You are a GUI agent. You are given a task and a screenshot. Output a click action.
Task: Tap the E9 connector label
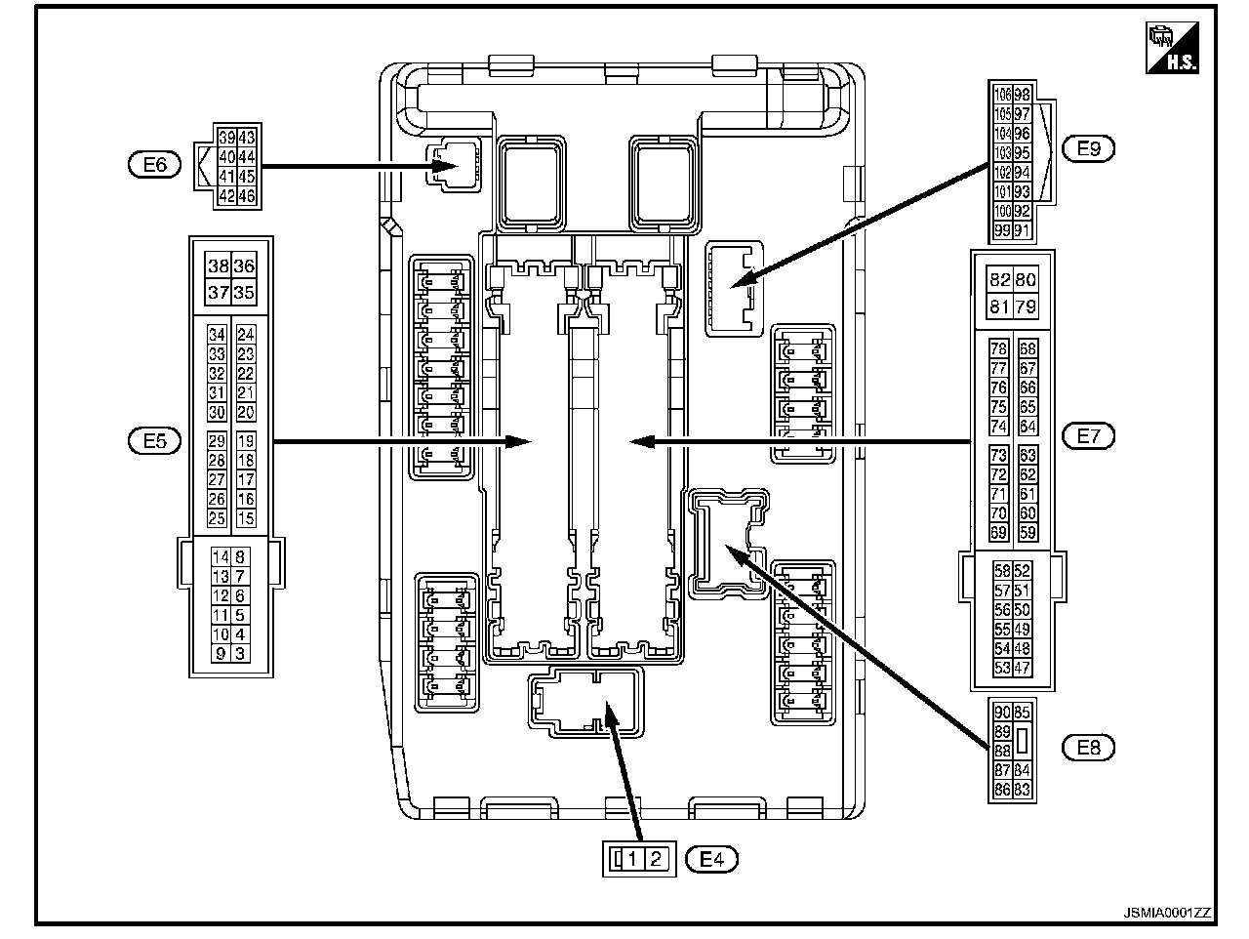1088,148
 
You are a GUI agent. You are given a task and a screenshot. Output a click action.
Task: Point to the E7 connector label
1088,435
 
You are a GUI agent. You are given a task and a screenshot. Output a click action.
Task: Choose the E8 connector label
1088,748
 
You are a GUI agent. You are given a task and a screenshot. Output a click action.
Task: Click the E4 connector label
712,859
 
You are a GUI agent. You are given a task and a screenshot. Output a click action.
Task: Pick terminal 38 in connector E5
218,265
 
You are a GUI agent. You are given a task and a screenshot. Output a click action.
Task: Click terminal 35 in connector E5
244,292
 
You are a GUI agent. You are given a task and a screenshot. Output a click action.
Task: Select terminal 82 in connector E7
999,280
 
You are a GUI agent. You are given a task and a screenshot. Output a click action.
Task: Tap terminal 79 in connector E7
1025,307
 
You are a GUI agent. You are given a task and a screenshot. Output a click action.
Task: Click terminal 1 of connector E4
634,859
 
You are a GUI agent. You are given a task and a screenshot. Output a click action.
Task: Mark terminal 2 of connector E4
657,859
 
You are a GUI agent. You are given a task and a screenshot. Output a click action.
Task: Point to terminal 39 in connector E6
226,138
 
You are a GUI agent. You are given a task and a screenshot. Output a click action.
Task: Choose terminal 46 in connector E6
246,196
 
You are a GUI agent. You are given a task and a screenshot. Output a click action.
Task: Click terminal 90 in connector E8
1001,713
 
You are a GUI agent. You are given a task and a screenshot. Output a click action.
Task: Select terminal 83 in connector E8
1022,790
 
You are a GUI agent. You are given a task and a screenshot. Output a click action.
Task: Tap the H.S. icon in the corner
1172,48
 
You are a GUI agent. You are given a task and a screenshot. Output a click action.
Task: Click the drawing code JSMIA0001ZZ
1166,913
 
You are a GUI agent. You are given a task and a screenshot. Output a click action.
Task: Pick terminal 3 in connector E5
240,654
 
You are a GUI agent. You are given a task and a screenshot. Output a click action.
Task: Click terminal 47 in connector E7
1022,669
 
